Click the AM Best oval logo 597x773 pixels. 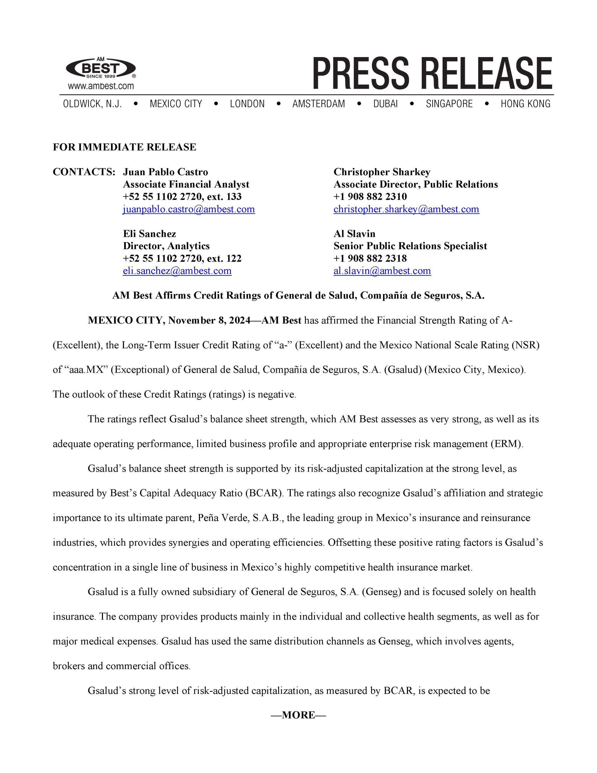[101, 68]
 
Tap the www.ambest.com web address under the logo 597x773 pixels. [101, 86]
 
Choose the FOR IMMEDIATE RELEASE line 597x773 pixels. [125, 147]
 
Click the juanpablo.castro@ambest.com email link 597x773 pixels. [189, 209]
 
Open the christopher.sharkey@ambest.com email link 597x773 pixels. [406, 209]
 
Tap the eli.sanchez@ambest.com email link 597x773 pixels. [177, 271]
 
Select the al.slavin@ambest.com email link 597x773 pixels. [382, 271]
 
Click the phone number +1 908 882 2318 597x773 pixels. [370, 258]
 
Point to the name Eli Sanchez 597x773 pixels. [150, 234]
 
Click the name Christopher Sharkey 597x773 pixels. [382, 172]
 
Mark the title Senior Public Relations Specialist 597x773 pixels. [410, 246]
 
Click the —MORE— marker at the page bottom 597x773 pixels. [298, 715]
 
